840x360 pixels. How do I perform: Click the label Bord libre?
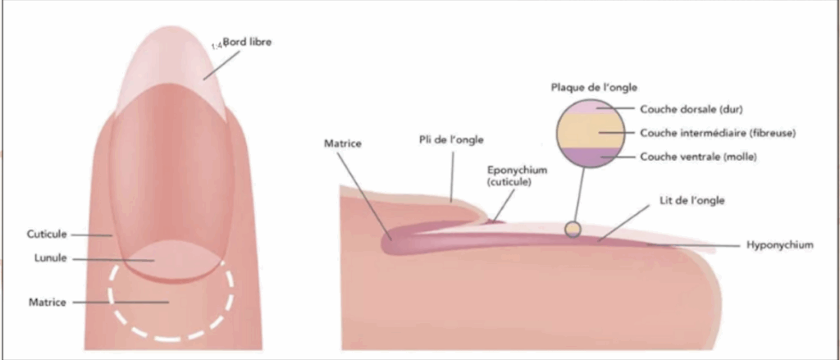click(247, 41)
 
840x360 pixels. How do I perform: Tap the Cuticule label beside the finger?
click(47, 234)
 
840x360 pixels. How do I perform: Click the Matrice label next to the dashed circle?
click(48, 302)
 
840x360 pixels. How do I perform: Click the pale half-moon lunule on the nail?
click(171, 258)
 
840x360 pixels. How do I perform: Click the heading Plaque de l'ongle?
click(594, 87)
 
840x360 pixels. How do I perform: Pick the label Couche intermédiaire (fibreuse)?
click(718, 132)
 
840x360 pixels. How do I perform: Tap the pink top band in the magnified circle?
click(591, 107)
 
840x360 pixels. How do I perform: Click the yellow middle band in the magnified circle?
click(591, 130)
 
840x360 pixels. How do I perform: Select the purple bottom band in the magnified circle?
click(591, 157)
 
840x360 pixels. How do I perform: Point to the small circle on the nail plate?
click(573, 229)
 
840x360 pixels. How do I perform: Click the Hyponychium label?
click(780, 245)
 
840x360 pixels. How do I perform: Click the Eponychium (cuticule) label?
click(518, 175)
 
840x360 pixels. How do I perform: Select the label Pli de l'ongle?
click(451, 140)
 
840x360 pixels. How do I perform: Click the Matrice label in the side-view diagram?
click(343, 144)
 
